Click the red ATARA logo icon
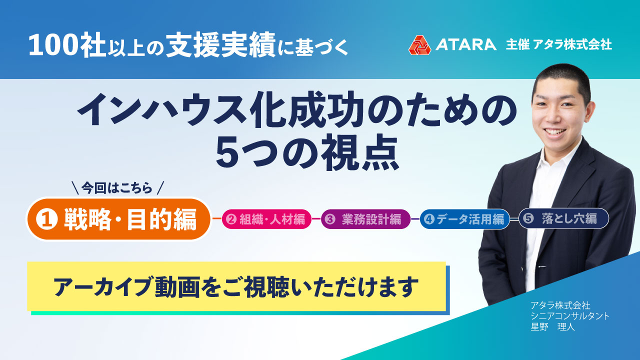(x=419, y=44)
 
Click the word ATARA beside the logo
(x=465, y=44)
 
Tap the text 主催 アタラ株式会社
(x=559, y=44)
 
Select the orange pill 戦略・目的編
(x=118, y=219)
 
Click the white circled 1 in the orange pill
(x=48, y=220)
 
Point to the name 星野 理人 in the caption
(x=553, y=328)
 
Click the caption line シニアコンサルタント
(x=570, y=316)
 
